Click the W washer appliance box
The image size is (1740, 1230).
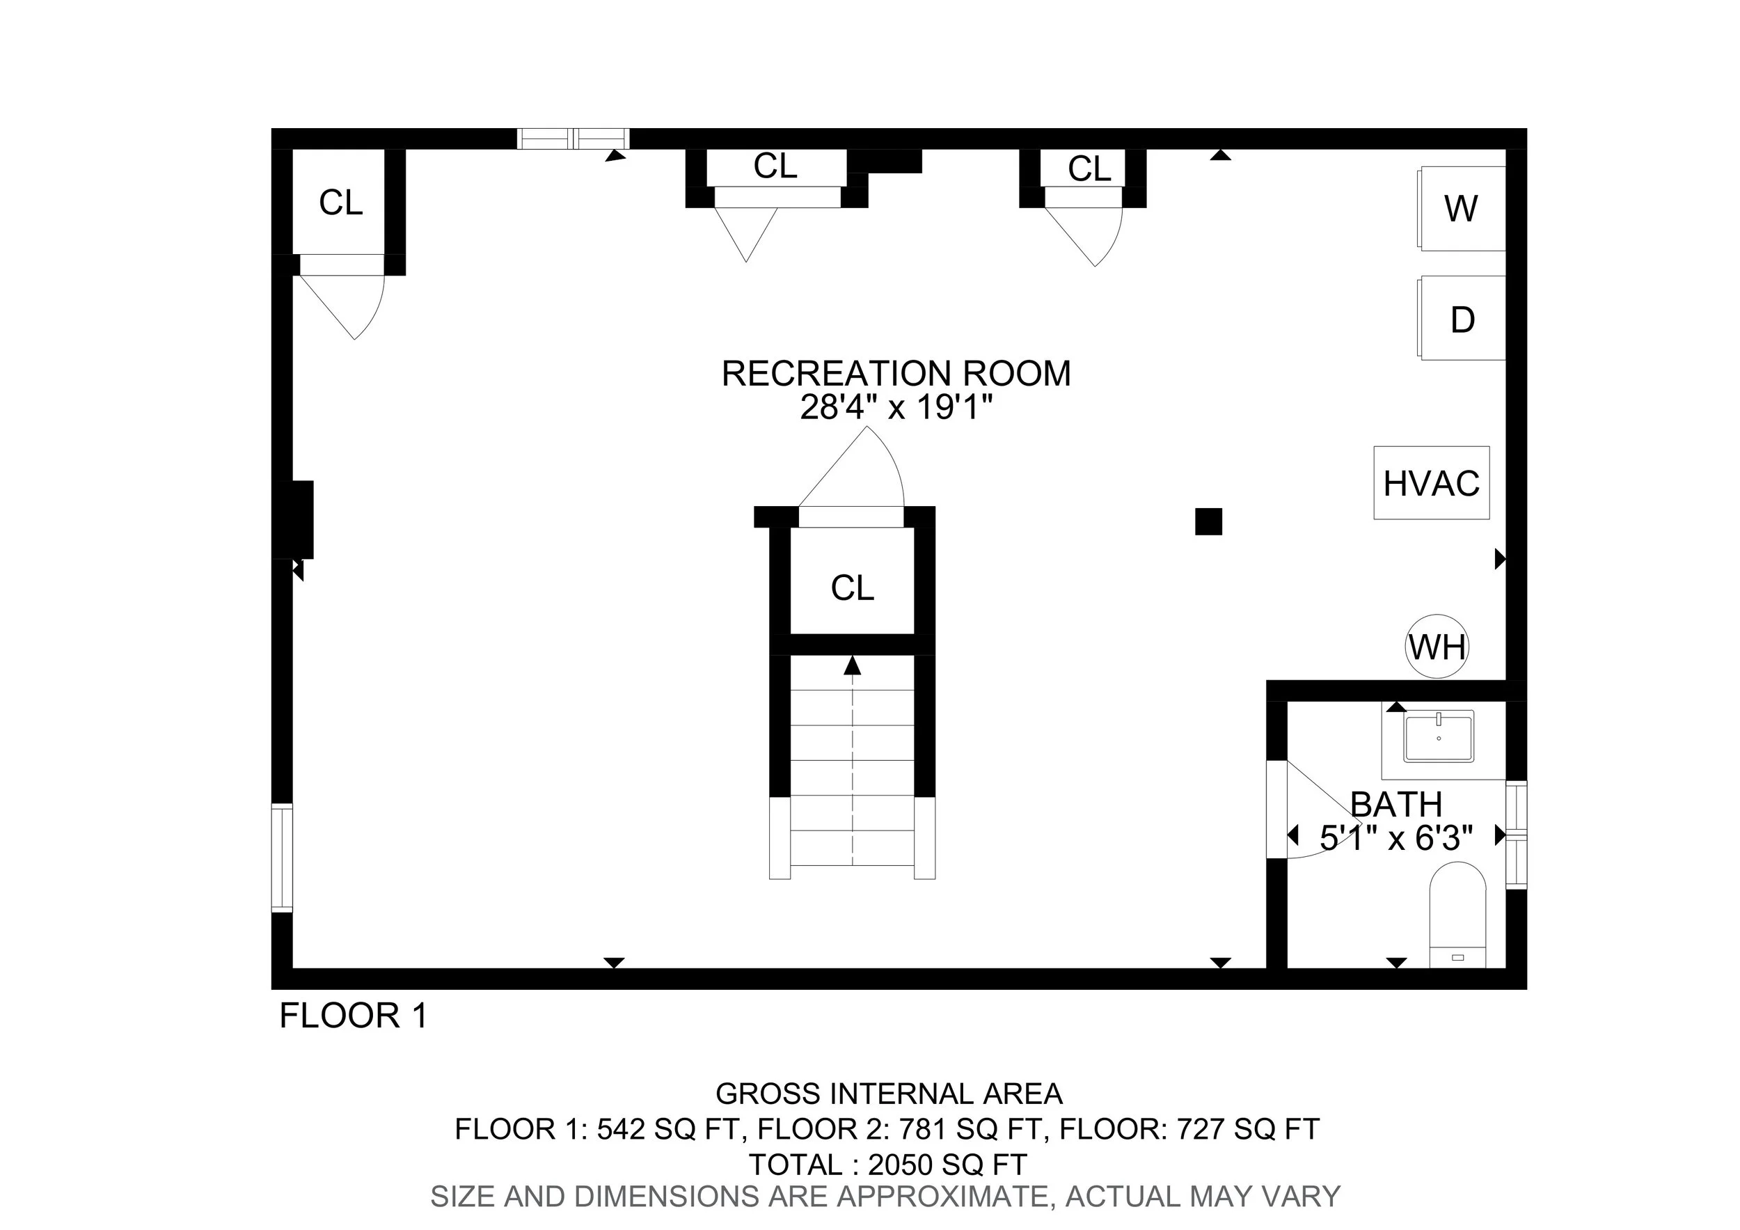(x=1460, y=208)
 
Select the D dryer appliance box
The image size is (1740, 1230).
(x=1462, y=318)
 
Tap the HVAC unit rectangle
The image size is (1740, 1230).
(x=1431, y=483)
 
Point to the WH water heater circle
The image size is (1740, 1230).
(x=1437, y=647)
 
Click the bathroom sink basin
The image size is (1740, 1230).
(x=1438, y=737)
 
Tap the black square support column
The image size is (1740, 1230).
(x=1208, y=521)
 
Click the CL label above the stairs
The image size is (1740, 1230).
(x=852, y=588)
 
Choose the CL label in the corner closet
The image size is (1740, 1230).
(x=340, y=203)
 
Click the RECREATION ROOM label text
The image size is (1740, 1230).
(x=896, y=374)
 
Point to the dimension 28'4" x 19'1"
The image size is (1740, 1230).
(x=896, y=408)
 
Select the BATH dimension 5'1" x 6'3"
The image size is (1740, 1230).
(x=1396, y=838)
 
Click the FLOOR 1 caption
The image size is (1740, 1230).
(x=353, y=1016)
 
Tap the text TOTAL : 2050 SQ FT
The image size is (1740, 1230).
(x=887, y=1164)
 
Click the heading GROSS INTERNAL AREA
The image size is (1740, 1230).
(x=888, y=1094)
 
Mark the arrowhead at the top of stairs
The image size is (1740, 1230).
(x=853, y=665)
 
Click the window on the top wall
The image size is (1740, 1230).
(x=573, y=139)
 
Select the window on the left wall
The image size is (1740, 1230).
(x=282, y=857)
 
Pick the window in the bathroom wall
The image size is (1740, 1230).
(x=1516, y=834)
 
